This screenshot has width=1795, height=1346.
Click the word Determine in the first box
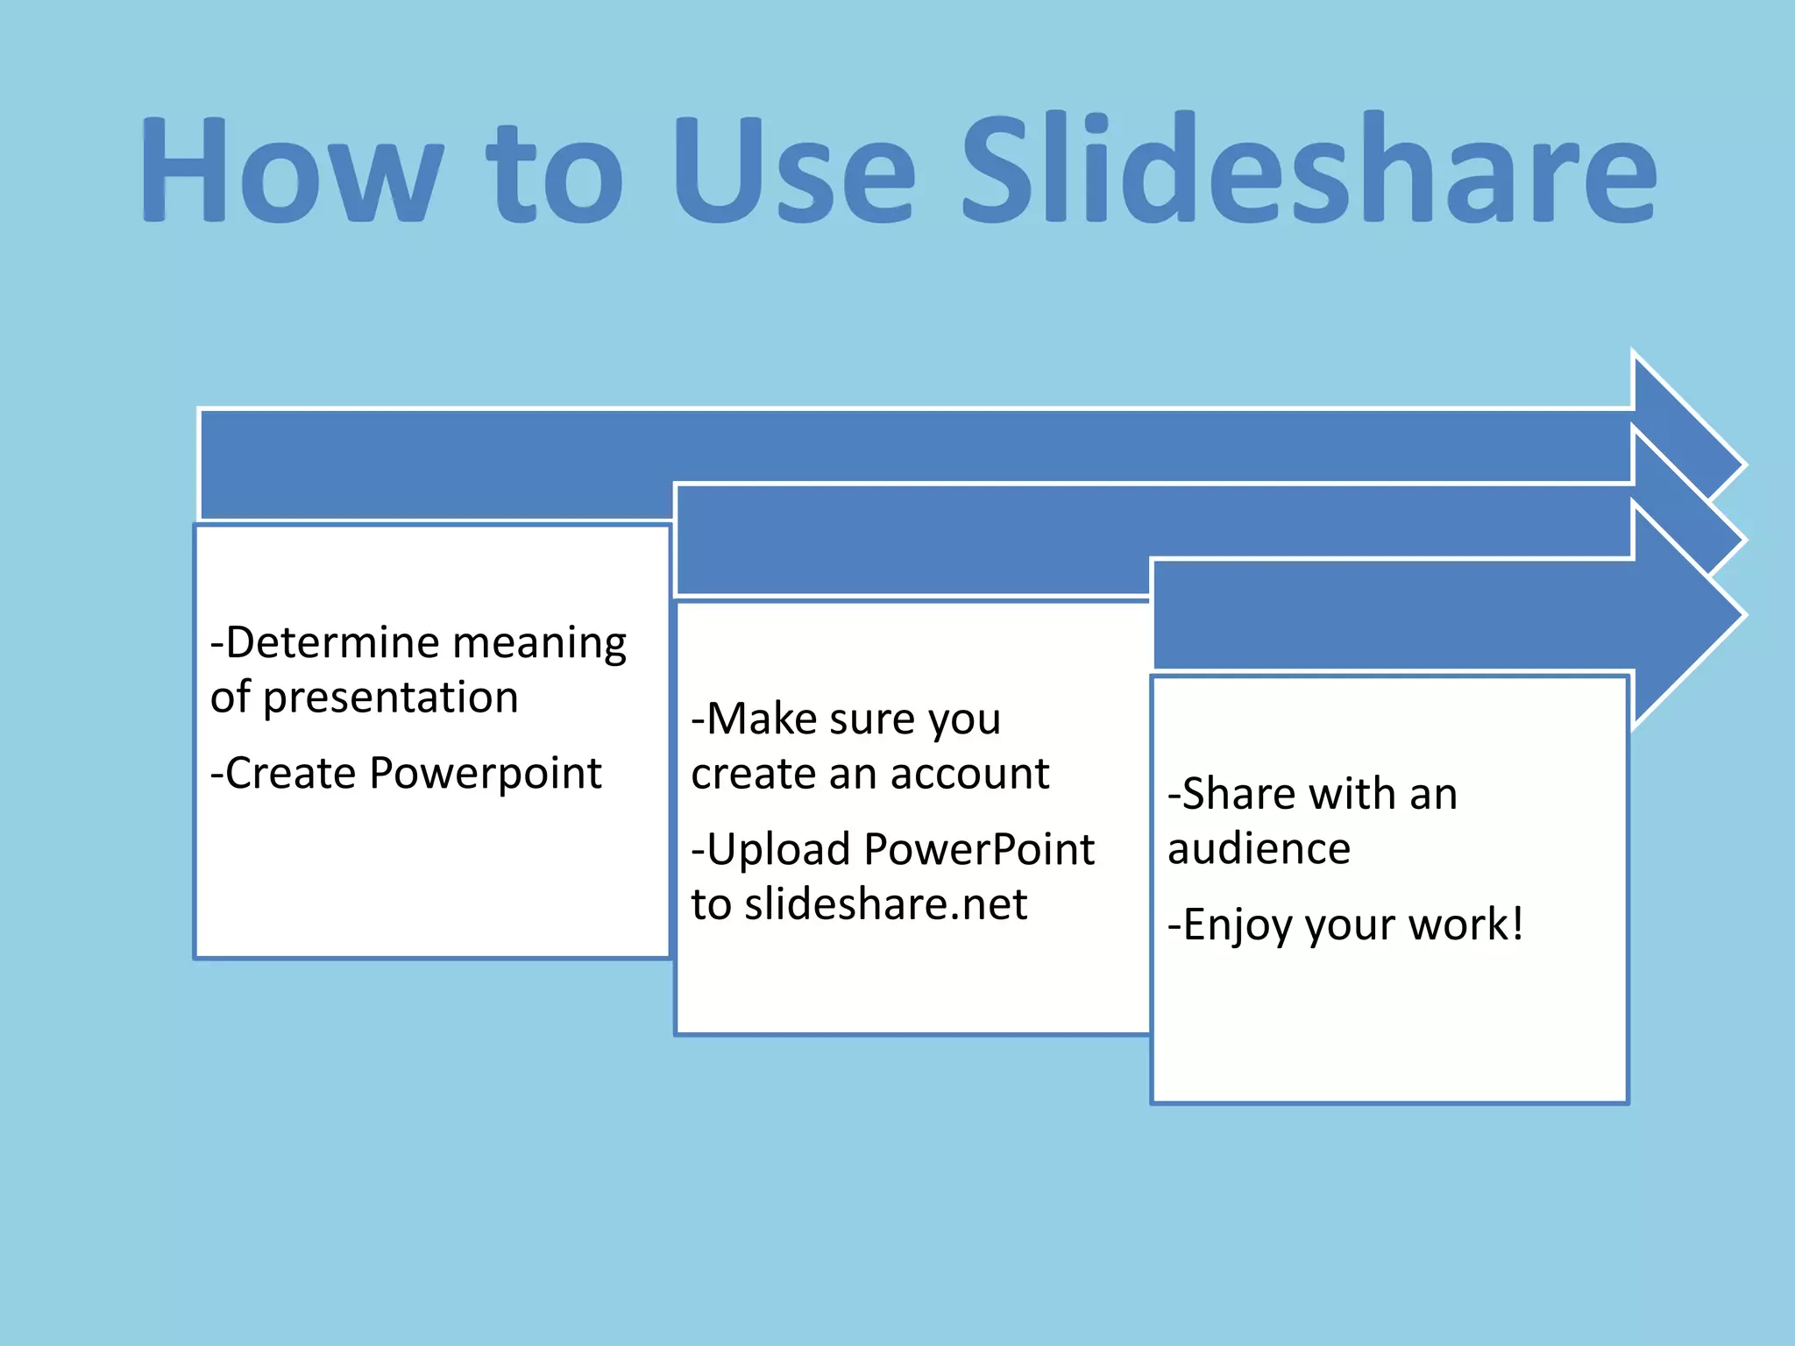334,643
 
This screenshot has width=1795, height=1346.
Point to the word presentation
390,698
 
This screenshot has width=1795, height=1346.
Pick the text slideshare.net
885,904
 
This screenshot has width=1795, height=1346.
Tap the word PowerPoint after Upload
979,850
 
